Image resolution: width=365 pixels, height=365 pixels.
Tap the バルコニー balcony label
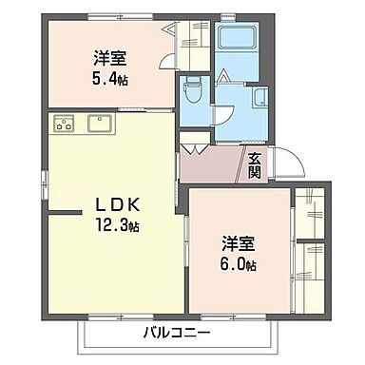[180, 333]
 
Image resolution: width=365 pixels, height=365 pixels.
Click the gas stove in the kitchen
[66, 124]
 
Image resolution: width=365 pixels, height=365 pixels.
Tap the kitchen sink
[100, 123]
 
